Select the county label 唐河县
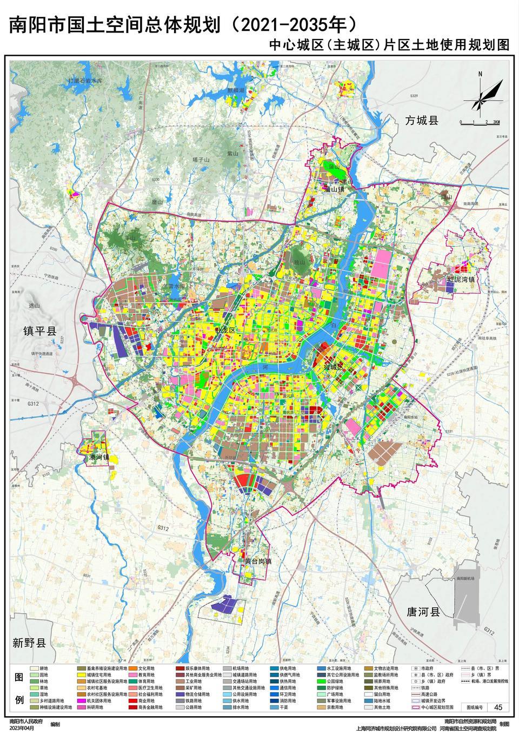(x=424, y=612)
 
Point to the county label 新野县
(x=30, y=643)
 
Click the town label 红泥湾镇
(x=461, y=279)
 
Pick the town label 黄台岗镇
(x=257, y=561)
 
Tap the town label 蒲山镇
(x=334, y=189)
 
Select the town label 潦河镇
(x=99, y=458)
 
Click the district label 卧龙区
(x=225, y=330)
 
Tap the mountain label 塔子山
(x=201, y=160)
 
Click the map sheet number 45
(x=498, y=707)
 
